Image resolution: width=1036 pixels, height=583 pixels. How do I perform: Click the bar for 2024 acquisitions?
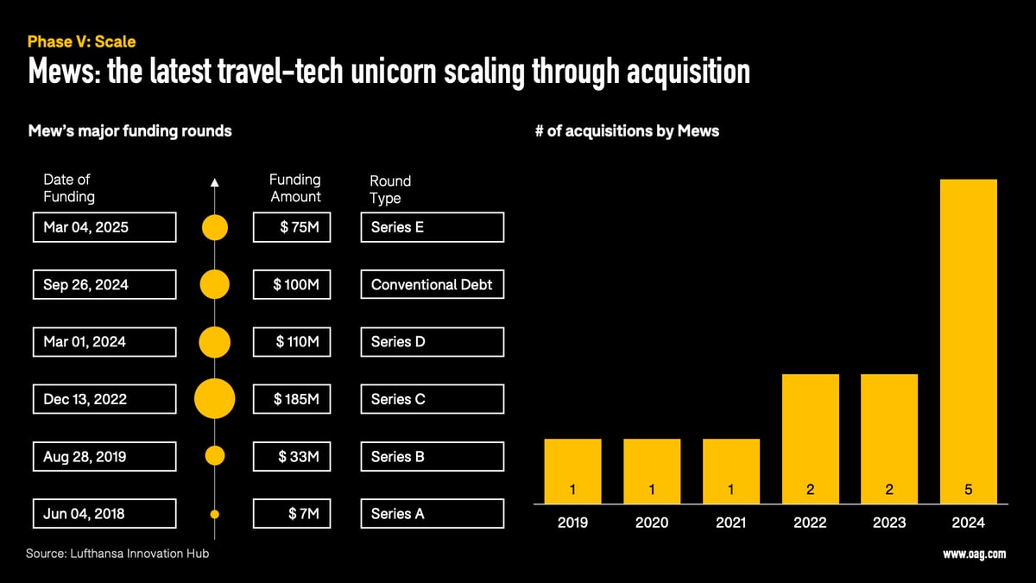click(x=968, y=341)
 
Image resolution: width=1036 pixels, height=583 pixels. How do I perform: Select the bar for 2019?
click(x=572, y=471)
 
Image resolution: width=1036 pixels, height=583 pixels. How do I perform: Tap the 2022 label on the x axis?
click(x=810, y=523)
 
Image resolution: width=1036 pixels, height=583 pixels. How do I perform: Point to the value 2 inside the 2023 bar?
click(x=889, y=490)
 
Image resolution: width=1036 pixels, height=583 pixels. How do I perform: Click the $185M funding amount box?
click(x=292, y=399)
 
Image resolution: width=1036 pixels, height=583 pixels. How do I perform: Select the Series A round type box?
click(x=432, y=514)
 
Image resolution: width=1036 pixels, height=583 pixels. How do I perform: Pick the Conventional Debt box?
click(x=432, y=284)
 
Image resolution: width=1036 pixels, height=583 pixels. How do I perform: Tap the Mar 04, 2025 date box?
click(x=104, y=227)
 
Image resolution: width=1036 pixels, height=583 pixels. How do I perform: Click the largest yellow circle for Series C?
click(x=215, y=399)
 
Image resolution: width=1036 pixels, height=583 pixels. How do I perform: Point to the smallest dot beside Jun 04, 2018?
click(x=215, y=514)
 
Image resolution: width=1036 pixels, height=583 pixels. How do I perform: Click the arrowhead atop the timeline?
click(x=215, y=182)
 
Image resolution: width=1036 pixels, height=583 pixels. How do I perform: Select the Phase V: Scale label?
click(x=81, y=41)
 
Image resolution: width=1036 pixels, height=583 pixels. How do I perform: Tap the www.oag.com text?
click(x=974, y=554)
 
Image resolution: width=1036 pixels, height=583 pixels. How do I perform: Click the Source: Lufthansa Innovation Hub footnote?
click(x=117, y=553)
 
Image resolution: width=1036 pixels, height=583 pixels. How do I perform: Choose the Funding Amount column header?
click(x=294, y=188)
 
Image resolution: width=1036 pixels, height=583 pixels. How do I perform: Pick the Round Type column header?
click(x=389, y=189)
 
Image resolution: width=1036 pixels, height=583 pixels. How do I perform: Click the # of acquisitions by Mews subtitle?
click(x=627, y=131)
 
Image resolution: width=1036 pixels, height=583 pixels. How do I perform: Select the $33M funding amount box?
click(x=292, y=456)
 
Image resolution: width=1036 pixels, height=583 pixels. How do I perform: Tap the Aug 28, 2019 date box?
click(x=104, y=456)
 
